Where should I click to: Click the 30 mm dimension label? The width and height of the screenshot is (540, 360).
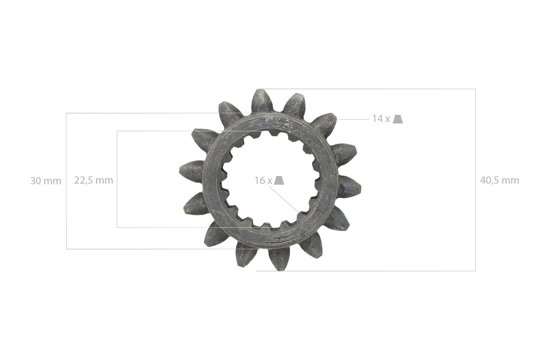tap(46, 181)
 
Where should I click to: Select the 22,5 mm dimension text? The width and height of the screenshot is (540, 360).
tap(94, 180)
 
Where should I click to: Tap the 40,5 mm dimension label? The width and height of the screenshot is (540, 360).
tap(500, 180)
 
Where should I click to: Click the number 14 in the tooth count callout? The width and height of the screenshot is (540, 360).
tap(378, 119)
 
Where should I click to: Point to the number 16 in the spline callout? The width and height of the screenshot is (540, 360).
tap(260, 180)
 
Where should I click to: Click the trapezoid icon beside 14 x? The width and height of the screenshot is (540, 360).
tap(398, 119)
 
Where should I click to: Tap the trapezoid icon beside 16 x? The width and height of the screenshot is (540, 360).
tap(279, 180)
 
